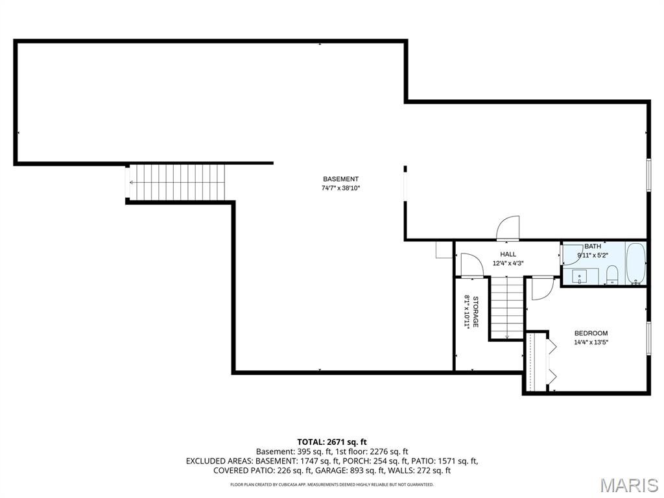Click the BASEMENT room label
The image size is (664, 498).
[x=340, y=179]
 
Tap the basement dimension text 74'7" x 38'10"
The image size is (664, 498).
[x=340, y=189]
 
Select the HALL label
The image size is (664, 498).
[x=508, y=254]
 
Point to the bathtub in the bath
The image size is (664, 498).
[x=635, y=264]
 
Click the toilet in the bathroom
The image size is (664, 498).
[x=611, y=275]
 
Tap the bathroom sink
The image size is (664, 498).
[x=579, y=276]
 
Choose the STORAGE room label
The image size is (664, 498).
[x=475, y=312]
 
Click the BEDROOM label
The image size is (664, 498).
[x=591, y=333]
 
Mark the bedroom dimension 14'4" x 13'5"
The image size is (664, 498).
[x=591, y=342]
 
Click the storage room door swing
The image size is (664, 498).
[x=469, y=265]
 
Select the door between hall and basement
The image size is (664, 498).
[x=508, y=228]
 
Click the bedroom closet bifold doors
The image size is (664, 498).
[x=552, y=362]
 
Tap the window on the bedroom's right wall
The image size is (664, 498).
[x=648, y=338]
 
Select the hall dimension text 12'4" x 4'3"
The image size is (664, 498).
[x=508, y=263]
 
